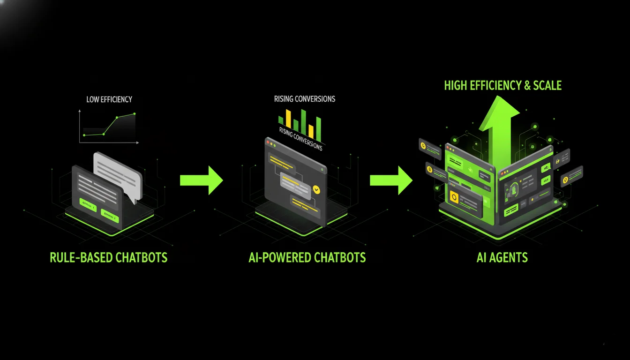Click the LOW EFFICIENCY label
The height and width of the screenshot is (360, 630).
coord(109,99)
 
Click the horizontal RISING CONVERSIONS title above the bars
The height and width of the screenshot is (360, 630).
coord(305,99)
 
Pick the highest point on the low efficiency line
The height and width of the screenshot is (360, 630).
coord(135,114)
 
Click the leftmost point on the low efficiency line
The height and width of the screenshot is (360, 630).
coord(84,135)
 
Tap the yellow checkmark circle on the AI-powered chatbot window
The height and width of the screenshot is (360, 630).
coord(316,189)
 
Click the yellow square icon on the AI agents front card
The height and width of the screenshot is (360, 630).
coord(454,197)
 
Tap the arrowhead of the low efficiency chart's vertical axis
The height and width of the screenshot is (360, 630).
coord(80,111)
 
